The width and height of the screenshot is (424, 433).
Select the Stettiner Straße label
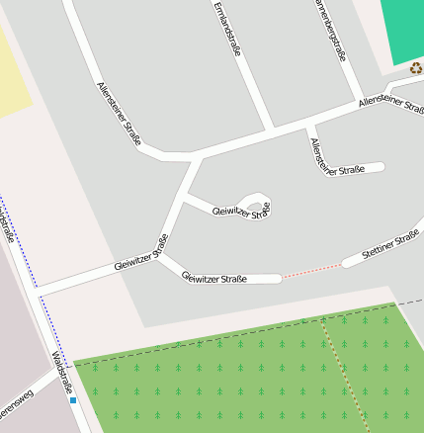pyautogui.click(x=390, y=245)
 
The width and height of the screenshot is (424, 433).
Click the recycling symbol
pyautogui.click(x=416, y=68)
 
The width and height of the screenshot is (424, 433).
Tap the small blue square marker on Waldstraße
pyautogui.click(x=73, y=400)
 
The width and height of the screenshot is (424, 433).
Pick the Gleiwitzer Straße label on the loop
pyautogui.click(x=241, y=212)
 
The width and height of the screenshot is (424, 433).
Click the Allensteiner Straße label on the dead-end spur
pyautogui.click(x=337, y=158)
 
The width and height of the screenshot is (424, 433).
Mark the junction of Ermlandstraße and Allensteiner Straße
pyautogui.click(x=273, y=130)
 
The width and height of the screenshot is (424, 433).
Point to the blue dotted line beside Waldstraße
pyautogui.click(x=18, y=247)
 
